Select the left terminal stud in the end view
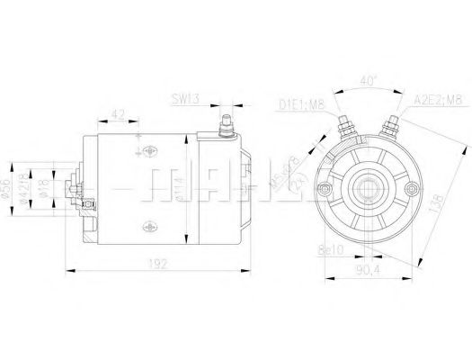tap(343, 123)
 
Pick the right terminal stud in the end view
tap(392, 123)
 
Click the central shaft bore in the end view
tap(368, 187)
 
